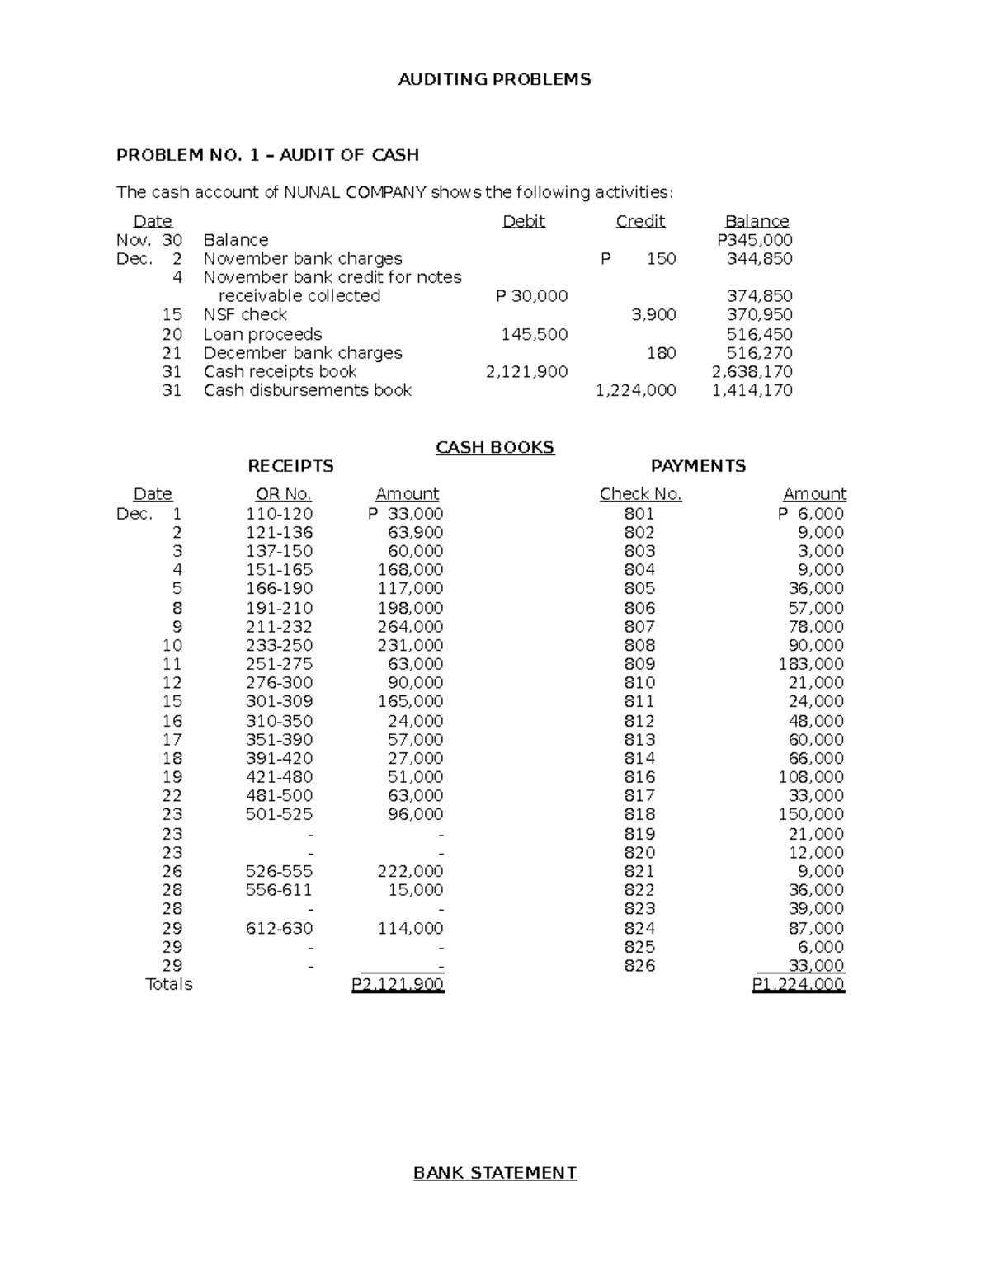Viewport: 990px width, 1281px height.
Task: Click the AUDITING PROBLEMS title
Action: (494, 80)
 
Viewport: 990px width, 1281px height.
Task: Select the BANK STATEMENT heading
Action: (494, 1173)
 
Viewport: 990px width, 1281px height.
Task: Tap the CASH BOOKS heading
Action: (494, 447)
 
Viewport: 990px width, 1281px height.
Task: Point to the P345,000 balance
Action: (754, 240)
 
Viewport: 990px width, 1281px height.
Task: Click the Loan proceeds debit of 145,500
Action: (534, 334)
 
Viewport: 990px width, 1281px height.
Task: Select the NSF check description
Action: (245, 314)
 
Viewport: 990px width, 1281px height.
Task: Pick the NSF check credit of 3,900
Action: (653, 314)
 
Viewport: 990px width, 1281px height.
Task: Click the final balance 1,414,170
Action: (752, 390)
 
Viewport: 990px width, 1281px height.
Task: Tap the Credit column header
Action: (640, 221)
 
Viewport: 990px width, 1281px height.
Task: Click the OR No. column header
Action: (283, 494)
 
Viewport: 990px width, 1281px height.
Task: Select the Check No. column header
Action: (640, 494)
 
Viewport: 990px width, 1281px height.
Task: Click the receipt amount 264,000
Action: (410, 627)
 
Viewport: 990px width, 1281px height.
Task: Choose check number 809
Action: (639, 664)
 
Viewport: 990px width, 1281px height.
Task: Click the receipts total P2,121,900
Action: (398, 984)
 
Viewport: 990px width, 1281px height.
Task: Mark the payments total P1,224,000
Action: (798, 984)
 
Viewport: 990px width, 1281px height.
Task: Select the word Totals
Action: (168, 984)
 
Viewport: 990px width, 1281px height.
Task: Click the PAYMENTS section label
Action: (698, 466)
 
